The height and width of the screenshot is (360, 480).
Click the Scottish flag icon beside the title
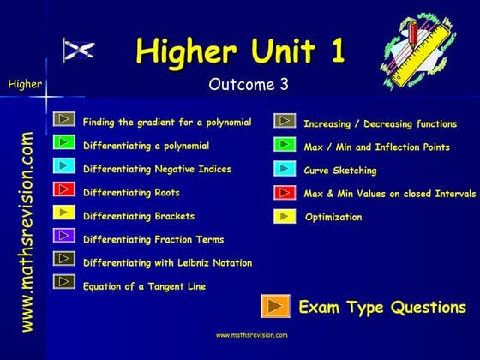78,51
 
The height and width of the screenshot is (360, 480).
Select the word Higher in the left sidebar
24,84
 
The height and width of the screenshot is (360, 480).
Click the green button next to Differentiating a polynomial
64,142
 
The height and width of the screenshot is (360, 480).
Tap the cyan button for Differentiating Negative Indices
64,165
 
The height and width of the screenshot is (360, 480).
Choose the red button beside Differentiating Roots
64,189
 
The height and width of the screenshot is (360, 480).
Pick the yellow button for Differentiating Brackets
64,212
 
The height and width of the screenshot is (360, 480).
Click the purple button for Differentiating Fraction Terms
64,235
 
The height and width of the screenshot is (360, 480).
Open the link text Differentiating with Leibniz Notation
167,263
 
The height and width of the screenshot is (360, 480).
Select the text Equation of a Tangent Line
144,286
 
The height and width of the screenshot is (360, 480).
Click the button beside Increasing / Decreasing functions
285,122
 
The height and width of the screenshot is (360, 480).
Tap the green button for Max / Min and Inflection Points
285,146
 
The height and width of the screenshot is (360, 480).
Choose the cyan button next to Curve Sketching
285,169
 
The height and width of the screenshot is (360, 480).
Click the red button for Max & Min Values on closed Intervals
285,192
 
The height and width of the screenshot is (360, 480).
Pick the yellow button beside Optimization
285,216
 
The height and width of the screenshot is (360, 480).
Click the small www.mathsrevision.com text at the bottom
251,335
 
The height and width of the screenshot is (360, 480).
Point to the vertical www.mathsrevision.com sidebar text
27,231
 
